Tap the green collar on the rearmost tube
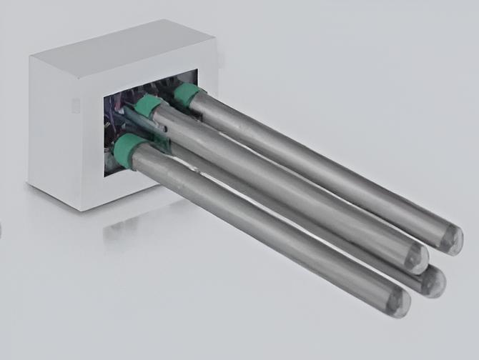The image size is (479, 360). point(188,94)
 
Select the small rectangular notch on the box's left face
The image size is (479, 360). point(75,106)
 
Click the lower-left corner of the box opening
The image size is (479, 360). point(105,175)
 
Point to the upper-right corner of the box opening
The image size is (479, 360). point(197,70)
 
